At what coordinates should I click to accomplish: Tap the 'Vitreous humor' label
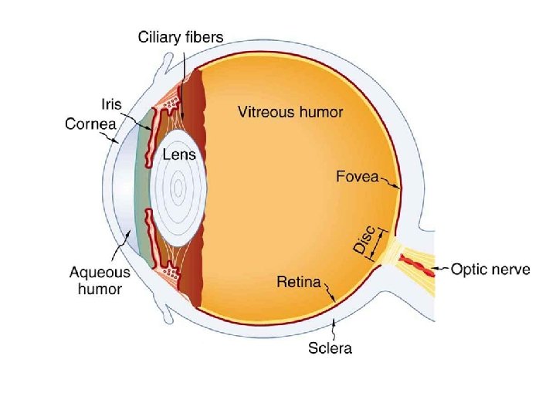point(290,112)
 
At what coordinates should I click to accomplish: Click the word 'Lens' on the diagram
point(178,154)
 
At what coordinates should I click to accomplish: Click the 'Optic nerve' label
point(490,270)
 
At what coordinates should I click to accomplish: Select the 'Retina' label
point(298,282)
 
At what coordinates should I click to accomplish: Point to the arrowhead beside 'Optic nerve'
point(434,270)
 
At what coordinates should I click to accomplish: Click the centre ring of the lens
point(178,186)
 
